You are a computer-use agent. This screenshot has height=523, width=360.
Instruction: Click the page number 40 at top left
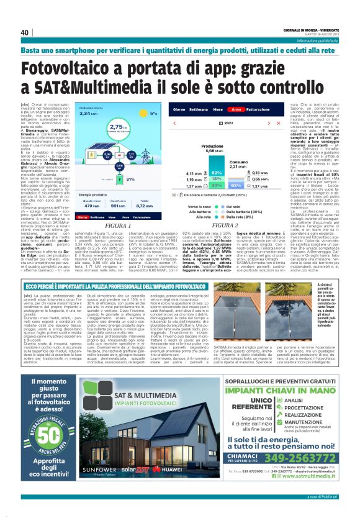25,33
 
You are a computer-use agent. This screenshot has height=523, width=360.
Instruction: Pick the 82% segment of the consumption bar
237,185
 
